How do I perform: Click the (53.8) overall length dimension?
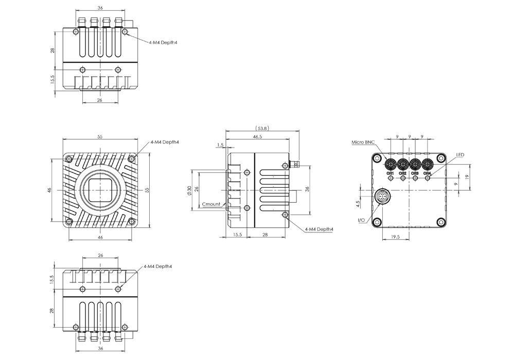(262, 128)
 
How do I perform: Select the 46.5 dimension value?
(257, 137)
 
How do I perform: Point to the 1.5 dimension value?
(221, 145)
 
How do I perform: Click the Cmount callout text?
(211, 204)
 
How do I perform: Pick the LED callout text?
(460, 155)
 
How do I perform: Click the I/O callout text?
(361, 220)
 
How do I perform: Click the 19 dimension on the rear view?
(467, 176)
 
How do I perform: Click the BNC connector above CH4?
(428, 165)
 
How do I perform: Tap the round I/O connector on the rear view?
(382, 197)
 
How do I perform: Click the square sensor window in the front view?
(99, 190)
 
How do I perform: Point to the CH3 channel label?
(415, 173)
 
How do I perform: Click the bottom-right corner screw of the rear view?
(440, 222)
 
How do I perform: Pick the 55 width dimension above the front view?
(100, 137)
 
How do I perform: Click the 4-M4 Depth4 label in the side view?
(319, 229)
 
